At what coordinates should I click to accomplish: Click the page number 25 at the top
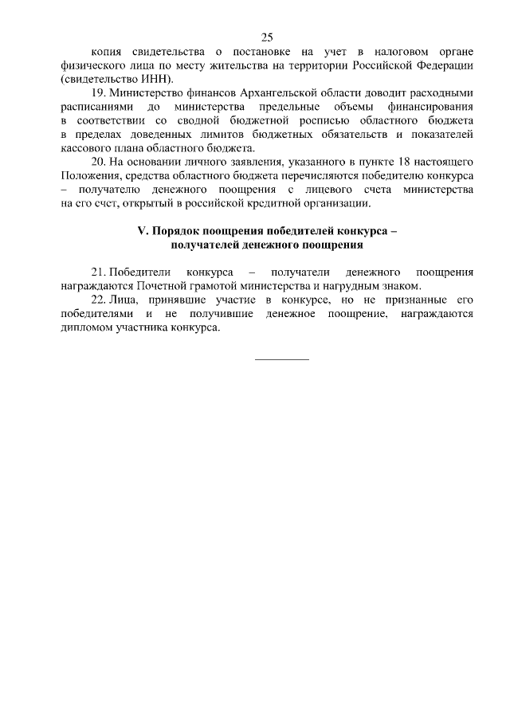pos(266,37)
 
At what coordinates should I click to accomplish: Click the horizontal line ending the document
pos(281,359)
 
